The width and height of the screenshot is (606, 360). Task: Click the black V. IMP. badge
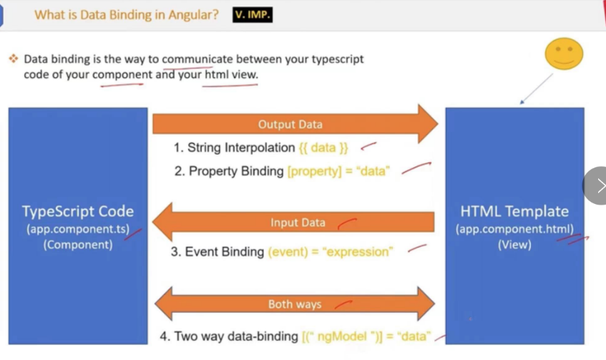tap(253, 15)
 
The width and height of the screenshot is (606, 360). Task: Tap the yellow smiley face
tap(564, 54)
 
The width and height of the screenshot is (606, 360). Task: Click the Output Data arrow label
tap(290, 125)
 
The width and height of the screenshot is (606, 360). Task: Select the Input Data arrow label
tap(298, 223)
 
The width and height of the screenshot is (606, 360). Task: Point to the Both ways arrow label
tap(295, 304)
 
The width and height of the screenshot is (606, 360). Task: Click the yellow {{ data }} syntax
tap(323, 147)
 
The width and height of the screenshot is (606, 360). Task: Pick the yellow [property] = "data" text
tap(338, 171)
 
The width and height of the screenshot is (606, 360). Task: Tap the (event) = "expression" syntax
tap(331, 252)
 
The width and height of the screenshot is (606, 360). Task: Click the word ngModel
tap(342, 336)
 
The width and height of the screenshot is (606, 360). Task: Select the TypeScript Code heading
tap(78, 212)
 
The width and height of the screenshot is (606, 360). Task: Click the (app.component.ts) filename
tap(78, 229)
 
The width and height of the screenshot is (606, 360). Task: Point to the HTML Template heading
tap(514, 212)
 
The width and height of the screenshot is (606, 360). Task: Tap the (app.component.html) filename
tap(514, 229)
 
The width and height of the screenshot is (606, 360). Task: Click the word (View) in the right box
tap(514, 245)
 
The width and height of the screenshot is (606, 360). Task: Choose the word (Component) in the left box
tap(78, 245)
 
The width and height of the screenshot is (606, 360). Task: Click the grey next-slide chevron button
tap(595, 185)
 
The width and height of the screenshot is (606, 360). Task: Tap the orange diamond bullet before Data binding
tap(14, 59)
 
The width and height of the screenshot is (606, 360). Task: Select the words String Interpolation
tap(241, 147)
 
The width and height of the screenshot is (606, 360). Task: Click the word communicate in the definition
tap(197, 59)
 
